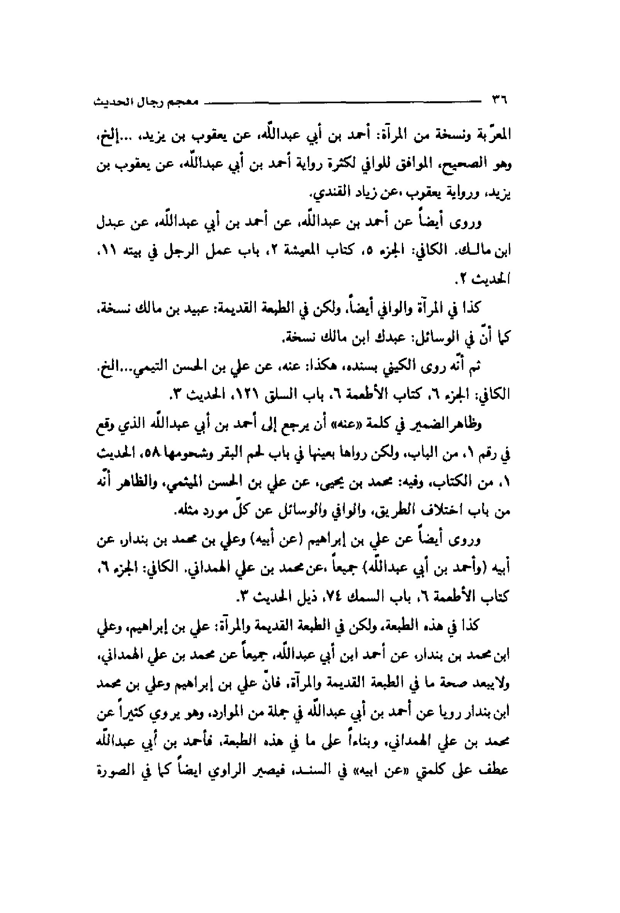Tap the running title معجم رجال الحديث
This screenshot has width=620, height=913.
click(x=146, y=102)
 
